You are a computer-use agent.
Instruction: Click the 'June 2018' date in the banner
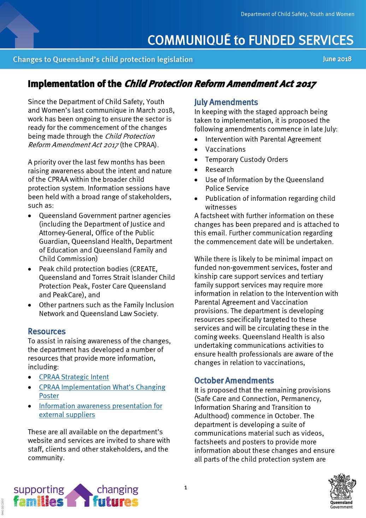pos(337,59)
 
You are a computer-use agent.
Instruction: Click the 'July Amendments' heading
pos(226,102)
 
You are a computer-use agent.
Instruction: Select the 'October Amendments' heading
pos(234,380)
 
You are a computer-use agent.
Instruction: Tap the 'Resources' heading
pos(47,331)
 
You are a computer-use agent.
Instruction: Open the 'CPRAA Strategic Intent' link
pos(74,377)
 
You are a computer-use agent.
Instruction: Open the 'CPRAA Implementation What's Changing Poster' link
pos(102,387)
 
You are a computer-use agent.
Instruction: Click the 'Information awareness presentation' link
pos(101,406)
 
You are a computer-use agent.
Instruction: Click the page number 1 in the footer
pos(186,488)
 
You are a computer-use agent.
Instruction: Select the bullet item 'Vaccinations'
pos(225,149)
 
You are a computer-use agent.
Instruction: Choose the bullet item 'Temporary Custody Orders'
pos(247,159)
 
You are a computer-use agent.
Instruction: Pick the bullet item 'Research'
pos(219,169)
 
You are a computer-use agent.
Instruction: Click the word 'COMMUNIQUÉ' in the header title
pos(189,40)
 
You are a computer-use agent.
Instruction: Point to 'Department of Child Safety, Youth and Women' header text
pos(297,14)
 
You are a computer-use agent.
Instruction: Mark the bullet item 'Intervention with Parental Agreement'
pos(263,139)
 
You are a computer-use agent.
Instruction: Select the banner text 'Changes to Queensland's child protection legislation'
pos(103,59)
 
